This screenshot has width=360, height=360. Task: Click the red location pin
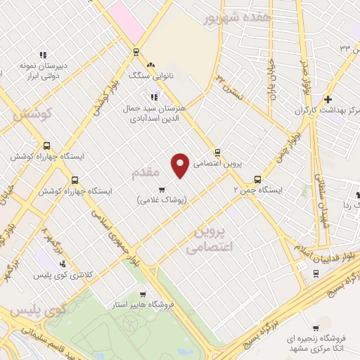[181, 165]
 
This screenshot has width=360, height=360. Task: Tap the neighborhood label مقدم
[146, 171]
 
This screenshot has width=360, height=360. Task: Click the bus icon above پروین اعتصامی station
[217, 152]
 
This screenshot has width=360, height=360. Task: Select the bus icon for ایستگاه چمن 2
[257, 179]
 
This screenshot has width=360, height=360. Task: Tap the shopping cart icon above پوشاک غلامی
[162, 189]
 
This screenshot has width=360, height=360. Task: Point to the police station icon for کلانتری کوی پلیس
[63, 264]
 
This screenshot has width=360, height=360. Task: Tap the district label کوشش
[33, 114]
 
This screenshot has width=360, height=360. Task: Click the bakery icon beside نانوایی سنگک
[150, 63]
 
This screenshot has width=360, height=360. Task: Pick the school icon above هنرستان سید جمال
[153, 97]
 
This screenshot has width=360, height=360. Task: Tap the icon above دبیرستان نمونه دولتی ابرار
[43, 54]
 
